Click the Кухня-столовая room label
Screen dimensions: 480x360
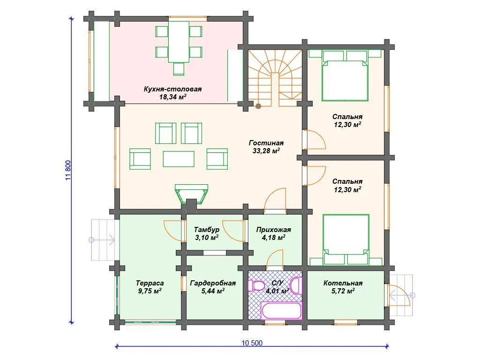pyautogui.click(x=172, y=89)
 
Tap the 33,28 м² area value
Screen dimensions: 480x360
pyautogui.click(x=266, y=150)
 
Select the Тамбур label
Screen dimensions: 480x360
pyautogui.click(x=207, y=230)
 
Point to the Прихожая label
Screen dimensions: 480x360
pyautogui.click(x=274, y=230)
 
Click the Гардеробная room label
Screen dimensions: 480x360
pyautogui.click(x=213, y=283)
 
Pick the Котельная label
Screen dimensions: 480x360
pyautogui.click(x=343, y=283)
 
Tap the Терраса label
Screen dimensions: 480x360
pyautogui.click(x=150, y=283)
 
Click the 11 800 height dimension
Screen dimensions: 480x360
pyautogui.click(x=68, y=170)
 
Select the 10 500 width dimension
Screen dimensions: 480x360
pyautogui.click(x=252, y=343)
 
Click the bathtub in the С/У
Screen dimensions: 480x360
pyautogui.click(x=282, y=310)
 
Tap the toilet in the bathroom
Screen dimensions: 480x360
pyautogui.click(x=256, y=285)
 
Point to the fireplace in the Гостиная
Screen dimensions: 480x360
pyautogui.click(x=191, y=195)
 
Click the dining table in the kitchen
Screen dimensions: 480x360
pyautogui.click(x=179, y=42)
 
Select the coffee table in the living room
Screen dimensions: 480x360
pyautogui.click(x=179, y=159)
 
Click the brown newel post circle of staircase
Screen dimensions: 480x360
pyautogui.click(x=258, y=106)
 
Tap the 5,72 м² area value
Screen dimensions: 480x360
pyautogui.click(x=343, y=291)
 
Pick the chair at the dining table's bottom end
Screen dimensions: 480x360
pyautogui.click(x=179, y=69)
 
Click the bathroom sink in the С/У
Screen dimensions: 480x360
pyautogui.click(x=296, y=285)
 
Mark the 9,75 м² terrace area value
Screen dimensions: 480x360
pyautogui.click(x=150, y=291)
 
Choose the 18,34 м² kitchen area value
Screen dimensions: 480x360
pyautogui.click(x=172, y=97)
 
